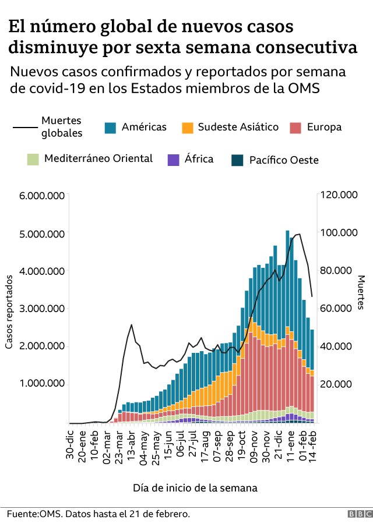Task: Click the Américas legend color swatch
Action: [x=111, y=128]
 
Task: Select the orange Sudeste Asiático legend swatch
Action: [x=188, y=128]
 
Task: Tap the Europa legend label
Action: [x=324, y=128]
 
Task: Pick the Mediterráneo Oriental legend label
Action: [x=98, y=158]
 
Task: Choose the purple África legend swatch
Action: [x=173, y=159]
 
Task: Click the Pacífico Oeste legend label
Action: [x=284, y=160]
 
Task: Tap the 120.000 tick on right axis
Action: [x=339, y=196]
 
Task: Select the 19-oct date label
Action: [x=240, y=446]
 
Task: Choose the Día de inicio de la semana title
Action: [x=195, y=487]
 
